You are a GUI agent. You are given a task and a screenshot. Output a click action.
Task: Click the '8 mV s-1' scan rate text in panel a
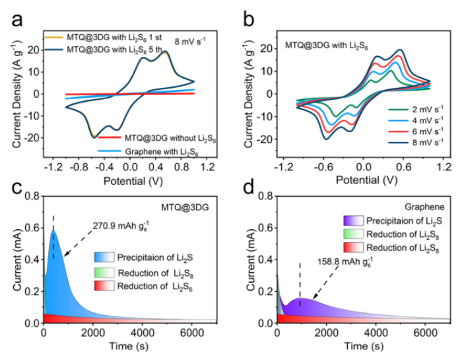pos(191,41)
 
